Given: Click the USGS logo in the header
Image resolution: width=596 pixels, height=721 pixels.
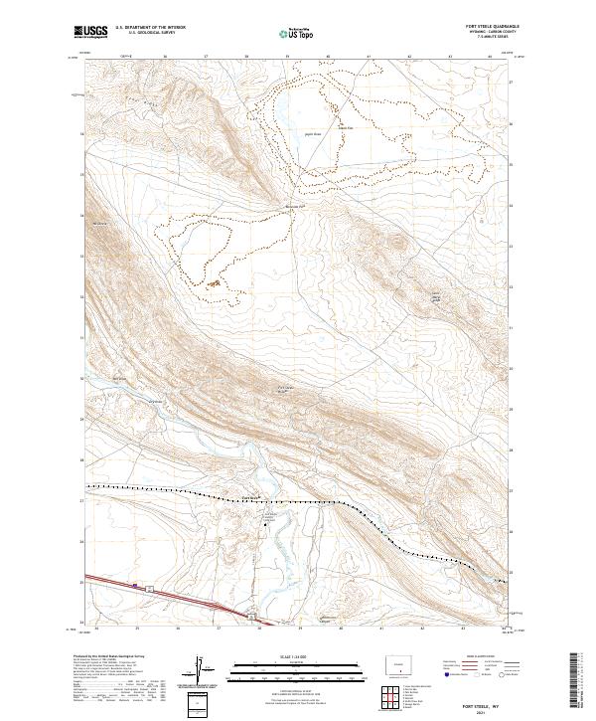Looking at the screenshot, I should point(90,32).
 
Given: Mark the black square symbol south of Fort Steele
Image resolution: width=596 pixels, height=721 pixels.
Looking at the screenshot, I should point(265,524).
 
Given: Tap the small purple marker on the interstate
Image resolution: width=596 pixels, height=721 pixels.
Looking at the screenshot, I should point(132,585).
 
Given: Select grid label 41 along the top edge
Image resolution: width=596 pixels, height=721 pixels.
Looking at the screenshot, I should point(369,57).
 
